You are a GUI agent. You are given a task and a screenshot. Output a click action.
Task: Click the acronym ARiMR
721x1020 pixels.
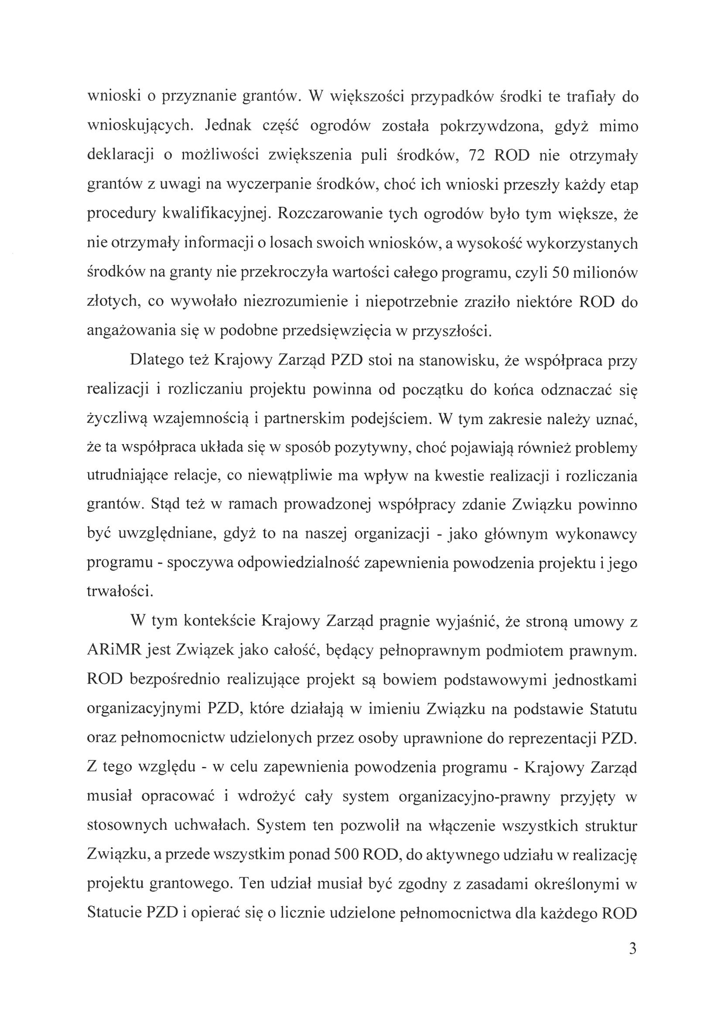click(x=114, y=651)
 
